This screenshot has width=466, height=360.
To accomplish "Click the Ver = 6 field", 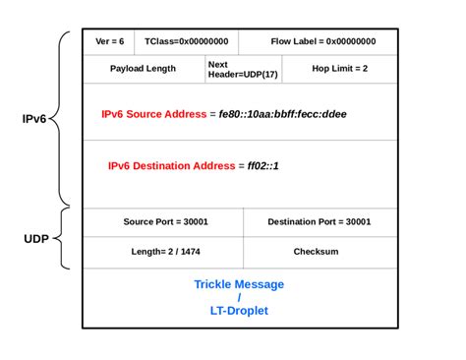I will [x=109, y=42].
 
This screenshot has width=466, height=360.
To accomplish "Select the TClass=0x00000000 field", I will [x=186, y=42].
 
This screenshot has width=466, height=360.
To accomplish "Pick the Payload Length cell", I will [x=144, y=69].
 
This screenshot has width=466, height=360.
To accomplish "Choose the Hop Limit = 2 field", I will [x=340, y=69].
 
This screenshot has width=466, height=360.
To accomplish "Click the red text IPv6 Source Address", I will [x=153, y=114].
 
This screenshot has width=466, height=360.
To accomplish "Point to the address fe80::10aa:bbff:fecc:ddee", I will [x=285, y=114].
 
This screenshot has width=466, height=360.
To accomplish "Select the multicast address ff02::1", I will [x=262, y=165].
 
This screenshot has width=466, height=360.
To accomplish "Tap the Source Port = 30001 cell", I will [x=165, y=221].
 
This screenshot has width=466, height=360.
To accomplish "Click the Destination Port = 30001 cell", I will [x=320, y=221].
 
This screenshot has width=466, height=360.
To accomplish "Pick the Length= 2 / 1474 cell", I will [x=165, y=251].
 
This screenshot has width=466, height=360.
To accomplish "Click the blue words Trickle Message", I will [x=239, y=284].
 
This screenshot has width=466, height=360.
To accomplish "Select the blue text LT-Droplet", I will [x=239, y=311].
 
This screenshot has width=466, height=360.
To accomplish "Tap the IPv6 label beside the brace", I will [x=34, y=119].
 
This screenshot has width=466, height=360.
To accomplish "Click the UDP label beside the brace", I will [x=35, y=239].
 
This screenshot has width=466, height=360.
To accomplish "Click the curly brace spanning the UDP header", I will [x=62, y=238].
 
